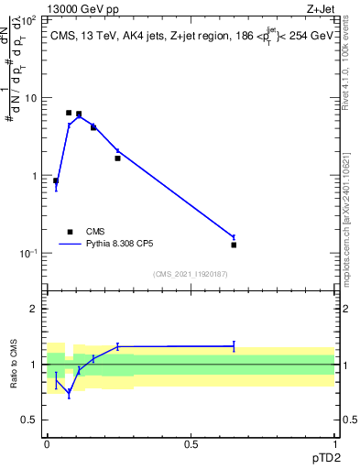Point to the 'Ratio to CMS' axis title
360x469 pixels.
tap(16, 365)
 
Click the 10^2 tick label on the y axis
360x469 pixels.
tap(29, 18)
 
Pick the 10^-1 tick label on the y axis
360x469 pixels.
tap(29, 254)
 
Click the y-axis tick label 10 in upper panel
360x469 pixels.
tap(32, 97)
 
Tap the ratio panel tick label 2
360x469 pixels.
tap(35, 310)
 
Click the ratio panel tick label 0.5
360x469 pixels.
tap(31, 420)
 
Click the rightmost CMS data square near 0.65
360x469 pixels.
tap(234, 245)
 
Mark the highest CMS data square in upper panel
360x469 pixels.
tap(69, 113)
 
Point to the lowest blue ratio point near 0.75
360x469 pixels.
tap(69, 393)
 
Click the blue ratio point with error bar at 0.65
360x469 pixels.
tap(234, 346)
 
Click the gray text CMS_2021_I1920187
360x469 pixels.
tap(190, 273)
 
